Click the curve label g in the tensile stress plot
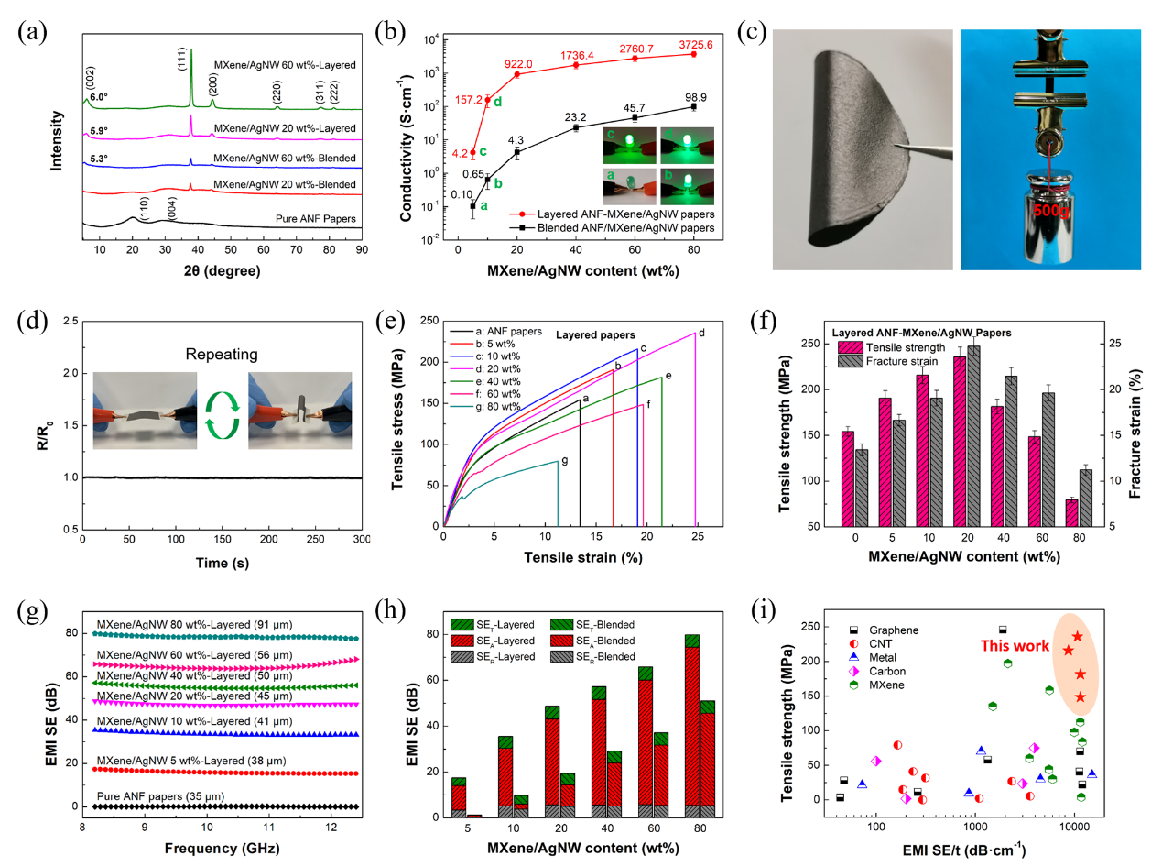click(x=564, y=460)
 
